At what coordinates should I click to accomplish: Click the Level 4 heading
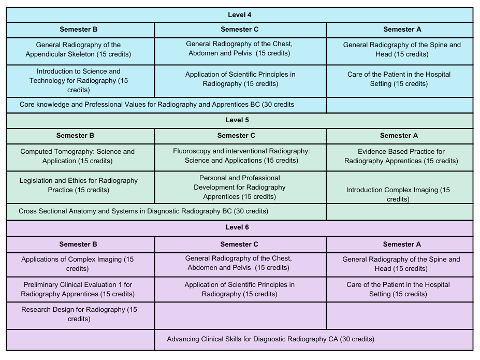pos(239,15)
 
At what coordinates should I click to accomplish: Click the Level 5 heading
pos(237,120)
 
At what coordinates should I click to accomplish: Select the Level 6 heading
pos(237,227)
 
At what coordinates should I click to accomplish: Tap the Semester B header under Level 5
pos(75,136)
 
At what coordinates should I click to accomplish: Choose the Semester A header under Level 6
pos(402,244)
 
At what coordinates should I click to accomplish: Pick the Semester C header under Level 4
pos(239,30)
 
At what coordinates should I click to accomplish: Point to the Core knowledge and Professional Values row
pos(157,105)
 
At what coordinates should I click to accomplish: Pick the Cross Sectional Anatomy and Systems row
pos(143,211)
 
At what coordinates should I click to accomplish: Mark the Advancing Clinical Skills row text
pos(271,339)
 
